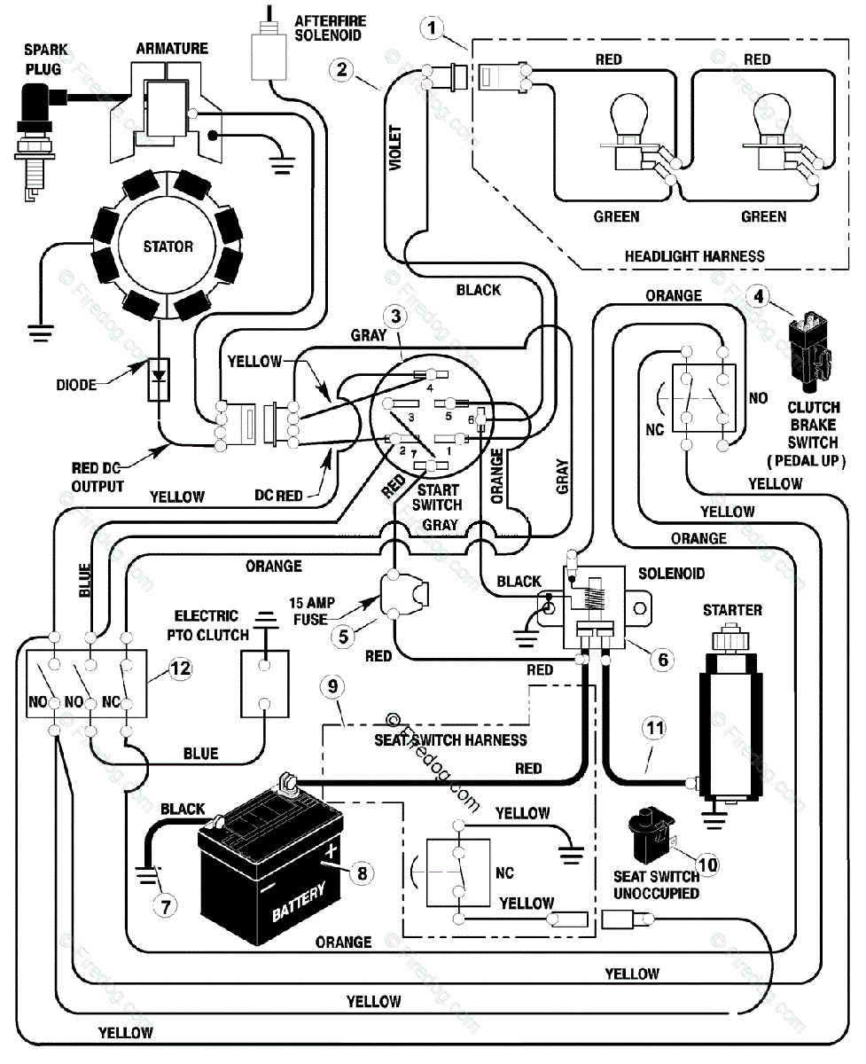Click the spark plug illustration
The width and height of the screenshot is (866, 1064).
click(35, 140)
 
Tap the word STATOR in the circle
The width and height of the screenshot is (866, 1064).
click(168, 246)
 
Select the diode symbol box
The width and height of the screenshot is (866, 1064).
click(159, 379)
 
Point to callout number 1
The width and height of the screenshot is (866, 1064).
click(432, 28)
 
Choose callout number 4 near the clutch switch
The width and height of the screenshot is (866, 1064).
click(758, 297)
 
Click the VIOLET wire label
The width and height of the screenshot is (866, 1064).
click(395, 148)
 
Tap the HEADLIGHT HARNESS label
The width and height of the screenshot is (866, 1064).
click(695, 256)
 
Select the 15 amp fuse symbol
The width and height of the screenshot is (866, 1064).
click(403, 597)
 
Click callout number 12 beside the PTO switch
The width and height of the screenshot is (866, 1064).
click(180, 669)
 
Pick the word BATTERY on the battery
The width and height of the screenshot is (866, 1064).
click(299, 901)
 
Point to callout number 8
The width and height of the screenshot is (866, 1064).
click(362, 873)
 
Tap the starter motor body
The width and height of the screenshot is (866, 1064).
click(730, 719)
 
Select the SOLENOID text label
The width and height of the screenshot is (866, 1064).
click(671, 574)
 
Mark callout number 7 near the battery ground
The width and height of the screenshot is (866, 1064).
click(165, 906)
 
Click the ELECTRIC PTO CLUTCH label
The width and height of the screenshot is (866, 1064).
click(207, 625)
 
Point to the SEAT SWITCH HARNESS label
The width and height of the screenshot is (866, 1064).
click(450, 739)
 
